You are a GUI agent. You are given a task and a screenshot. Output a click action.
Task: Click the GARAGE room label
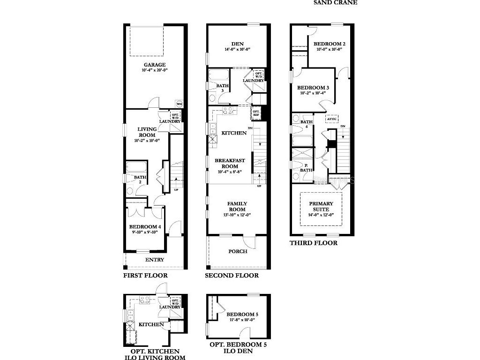coord(154,65)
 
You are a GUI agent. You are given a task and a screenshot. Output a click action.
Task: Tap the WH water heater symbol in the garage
coord(179,104)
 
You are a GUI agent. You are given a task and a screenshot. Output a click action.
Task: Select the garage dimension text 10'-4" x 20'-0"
coord(154,70)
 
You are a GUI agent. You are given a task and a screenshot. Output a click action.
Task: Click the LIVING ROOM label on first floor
coord(147,132)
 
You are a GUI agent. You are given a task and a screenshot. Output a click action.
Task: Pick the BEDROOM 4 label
coord(144,226)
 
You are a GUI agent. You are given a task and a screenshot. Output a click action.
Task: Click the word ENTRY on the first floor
coord(154,260)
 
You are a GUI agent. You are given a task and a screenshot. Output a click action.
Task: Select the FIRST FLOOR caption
coord(145,275)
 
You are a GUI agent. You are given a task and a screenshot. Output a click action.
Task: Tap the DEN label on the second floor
coord(237,44)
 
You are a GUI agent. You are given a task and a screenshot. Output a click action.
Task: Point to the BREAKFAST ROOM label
coord(230,164)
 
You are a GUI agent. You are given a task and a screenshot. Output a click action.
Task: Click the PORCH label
coord(238,251)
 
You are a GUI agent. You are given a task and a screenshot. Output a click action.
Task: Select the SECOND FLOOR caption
coord(232,275)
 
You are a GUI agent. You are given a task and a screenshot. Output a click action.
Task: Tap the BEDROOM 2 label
coord(330,44)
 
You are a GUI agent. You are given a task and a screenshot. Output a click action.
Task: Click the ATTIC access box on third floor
coord(332,119)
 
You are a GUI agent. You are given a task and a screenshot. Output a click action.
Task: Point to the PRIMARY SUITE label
coord(321,206)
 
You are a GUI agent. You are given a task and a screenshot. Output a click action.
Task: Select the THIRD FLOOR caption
coord(313,243)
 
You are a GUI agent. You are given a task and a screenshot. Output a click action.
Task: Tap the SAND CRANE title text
coord(335,2)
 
